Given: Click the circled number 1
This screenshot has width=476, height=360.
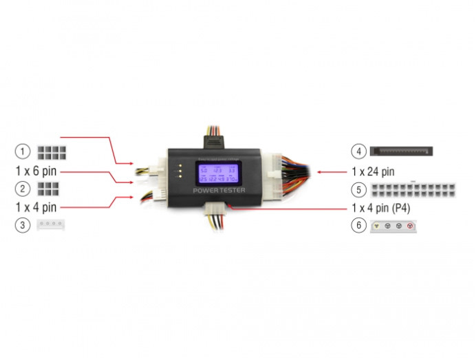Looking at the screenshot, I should point(23,151).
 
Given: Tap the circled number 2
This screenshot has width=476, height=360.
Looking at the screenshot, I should point(23,188).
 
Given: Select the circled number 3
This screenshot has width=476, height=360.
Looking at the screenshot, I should point(23,224).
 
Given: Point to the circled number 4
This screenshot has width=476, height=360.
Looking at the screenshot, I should point(357,151).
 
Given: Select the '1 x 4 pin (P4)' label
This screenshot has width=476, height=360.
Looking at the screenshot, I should point(384,207).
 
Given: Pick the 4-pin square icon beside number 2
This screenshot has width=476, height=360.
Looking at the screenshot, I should point(47,188).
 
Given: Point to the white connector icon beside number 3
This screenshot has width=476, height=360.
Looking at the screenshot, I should point(52,224).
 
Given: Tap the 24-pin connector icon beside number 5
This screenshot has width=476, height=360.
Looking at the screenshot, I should point(412,189).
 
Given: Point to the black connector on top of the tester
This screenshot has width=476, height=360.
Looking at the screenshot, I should point(215,140).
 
